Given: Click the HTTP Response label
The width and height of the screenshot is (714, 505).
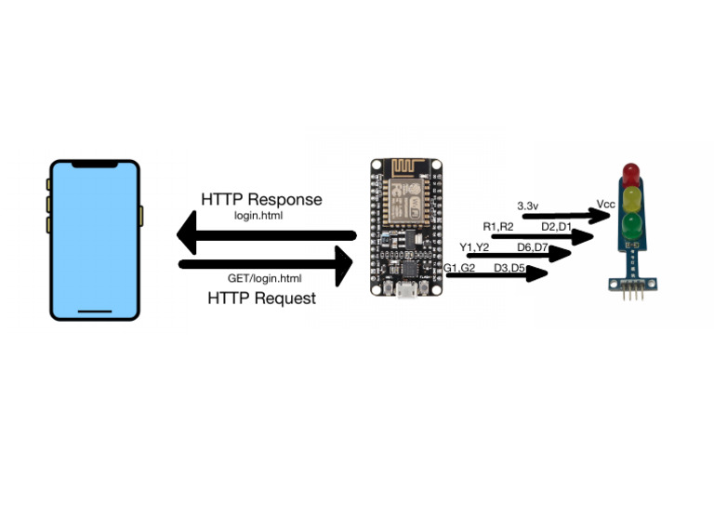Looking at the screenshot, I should [x=261, y=199].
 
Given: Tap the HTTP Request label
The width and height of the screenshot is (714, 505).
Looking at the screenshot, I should [x=261, y=298].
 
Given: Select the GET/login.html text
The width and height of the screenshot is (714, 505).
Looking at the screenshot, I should [x=264, y=278].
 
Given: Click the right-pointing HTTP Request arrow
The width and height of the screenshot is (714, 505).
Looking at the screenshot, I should [x=266, y=264].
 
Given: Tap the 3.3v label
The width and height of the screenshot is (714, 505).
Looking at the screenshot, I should [x=530, y=205].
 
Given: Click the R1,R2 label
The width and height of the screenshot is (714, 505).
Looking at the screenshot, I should [x=498, y=227].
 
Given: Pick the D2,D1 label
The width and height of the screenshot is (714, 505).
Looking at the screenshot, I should [x=556, y=227].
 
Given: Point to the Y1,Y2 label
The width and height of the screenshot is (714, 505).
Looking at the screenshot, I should [x=474, y=246].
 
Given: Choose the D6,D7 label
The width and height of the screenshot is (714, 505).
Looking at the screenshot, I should [x=533, y=246].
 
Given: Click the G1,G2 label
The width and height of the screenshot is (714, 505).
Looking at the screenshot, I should [x=459, y=268].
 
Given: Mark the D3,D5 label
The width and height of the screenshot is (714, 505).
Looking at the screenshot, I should [x=509, y=268].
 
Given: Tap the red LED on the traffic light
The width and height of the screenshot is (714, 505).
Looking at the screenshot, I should [x=631, y=172].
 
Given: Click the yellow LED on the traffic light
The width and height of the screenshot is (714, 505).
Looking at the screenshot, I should [x=631, y=197].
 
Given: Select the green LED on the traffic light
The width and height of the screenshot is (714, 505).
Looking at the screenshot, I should [x=631, y=223].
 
